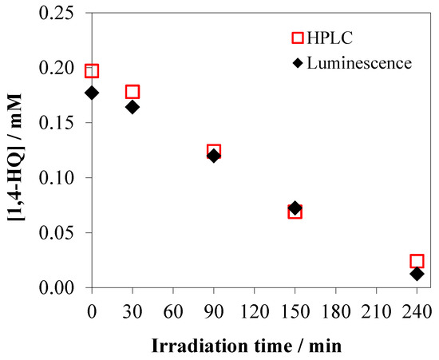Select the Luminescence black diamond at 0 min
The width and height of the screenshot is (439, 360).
pos(92,93)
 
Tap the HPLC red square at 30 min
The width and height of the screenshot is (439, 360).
pos(132,92)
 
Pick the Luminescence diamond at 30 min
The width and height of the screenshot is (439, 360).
pos(132,107)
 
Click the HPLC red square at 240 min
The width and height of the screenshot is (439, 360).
pos(417,261)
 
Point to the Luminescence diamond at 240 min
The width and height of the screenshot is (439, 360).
pos(417,274)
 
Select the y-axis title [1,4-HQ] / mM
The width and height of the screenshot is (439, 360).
pos(16,150)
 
